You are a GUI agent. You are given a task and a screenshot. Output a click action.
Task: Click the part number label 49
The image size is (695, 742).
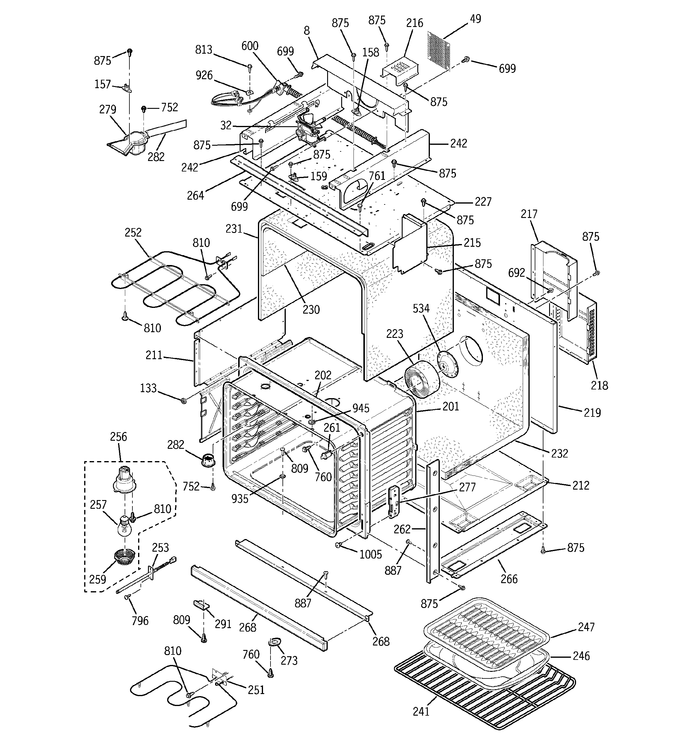(475, 19)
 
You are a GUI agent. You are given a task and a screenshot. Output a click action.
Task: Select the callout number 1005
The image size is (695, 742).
(371, 554)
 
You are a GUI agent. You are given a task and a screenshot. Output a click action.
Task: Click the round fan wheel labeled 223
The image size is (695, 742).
(422, 379)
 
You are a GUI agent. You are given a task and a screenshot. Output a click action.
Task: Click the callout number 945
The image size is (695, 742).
(361, 408)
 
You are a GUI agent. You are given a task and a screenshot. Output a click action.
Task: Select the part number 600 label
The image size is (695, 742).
(250, 46)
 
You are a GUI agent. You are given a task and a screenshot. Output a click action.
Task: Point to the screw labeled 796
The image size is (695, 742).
(128, 597)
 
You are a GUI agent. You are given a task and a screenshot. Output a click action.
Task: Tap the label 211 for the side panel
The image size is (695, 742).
(154, 355)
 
